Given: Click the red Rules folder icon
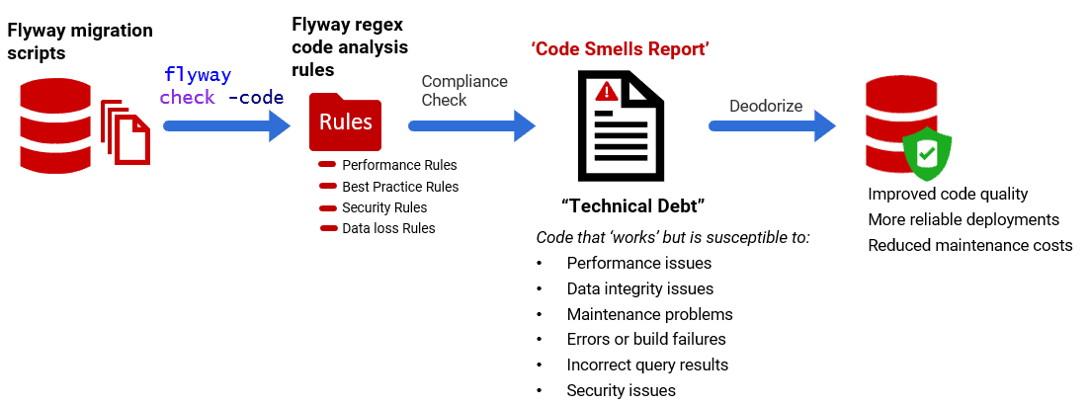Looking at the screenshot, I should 346,121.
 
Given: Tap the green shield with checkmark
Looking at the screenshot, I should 927,151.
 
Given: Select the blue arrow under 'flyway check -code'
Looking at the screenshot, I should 226,125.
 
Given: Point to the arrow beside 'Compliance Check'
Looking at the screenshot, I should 471,125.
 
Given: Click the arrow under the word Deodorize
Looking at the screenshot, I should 772,125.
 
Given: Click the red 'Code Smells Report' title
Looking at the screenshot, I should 621,48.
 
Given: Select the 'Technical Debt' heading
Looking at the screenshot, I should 632,206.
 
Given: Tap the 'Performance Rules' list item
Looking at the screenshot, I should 399,165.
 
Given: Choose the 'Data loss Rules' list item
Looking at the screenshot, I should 388,228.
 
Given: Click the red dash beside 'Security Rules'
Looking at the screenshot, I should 328,207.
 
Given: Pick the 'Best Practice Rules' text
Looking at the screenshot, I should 400,186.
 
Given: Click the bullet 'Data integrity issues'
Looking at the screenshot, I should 639,288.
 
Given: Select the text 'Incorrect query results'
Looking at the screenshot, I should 646,364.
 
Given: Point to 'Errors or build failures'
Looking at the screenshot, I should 646,339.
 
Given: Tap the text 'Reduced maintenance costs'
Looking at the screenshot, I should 969,245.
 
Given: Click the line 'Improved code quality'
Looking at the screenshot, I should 948,194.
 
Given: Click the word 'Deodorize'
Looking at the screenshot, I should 766,106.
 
